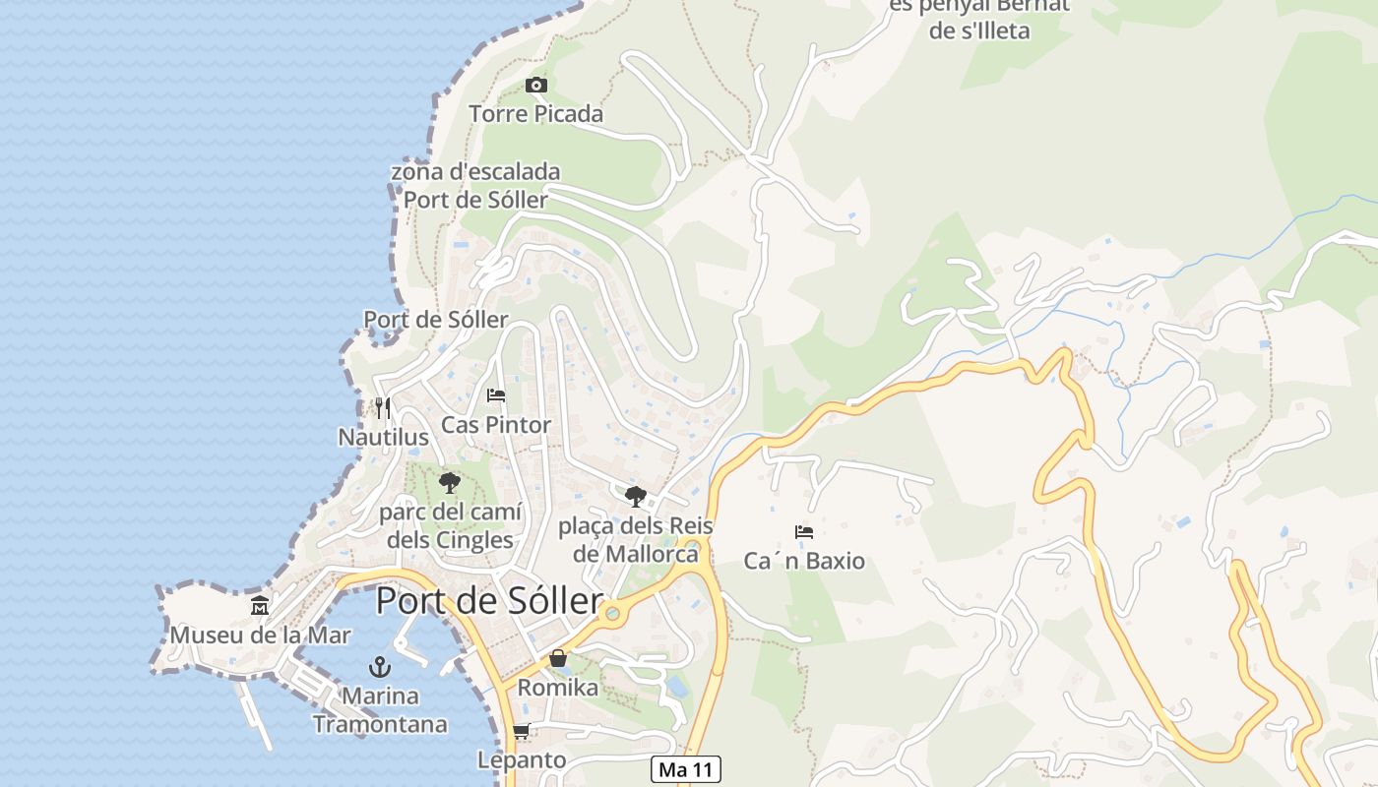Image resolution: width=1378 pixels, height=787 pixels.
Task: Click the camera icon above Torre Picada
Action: click(535, 85)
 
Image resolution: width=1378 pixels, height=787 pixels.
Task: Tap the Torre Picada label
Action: click(535, 114)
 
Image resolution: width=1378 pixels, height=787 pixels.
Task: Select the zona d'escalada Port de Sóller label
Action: click(475, 186)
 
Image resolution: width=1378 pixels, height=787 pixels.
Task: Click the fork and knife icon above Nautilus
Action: click(382, 407)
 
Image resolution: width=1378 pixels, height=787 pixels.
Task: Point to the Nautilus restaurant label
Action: click(383, 437)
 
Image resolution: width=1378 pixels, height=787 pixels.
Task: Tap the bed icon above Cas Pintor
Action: click(496, 395)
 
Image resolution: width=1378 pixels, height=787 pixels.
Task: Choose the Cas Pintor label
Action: click(496, 425)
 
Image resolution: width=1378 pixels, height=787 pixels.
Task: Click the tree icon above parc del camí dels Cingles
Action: click(450, 483)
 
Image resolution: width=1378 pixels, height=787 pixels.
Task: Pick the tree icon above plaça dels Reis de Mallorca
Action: click(636, 496)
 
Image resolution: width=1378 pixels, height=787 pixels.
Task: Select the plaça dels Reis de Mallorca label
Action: click(636, 539)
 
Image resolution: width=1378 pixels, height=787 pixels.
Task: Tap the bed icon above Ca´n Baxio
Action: click(804, 532)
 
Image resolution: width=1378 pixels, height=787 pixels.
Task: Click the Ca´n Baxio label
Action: click(804, 561)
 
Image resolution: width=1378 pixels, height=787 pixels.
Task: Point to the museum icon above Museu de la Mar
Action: click(260, 605)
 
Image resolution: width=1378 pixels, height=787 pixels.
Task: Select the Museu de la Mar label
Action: click(260, 635)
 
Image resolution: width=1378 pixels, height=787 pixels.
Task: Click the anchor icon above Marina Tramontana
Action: click(380, 667)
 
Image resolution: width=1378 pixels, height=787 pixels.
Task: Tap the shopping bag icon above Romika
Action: click(558, 658)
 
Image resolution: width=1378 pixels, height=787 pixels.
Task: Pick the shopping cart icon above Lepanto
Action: click(522, 731)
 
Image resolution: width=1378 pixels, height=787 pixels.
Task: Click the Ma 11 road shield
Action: click(686, 769)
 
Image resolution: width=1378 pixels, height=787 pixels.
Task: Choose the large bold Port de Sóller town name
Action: click(489, 600)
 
